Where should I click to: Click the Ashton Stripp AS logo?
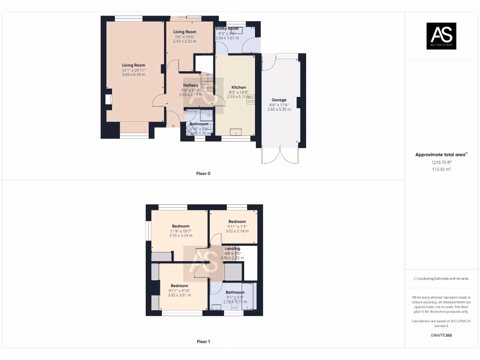tap(441, 36)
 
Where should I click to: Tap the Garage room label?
tap(279, 100)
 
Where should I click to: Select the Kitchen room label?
tap(238, 88)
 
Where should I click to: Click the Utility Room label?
tap(227, 29)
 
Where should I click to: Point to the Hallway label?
tap(191, 85)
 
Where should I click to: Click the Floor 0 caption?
tap(203, 173)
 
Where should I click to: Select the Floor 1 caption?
tap(203, 342)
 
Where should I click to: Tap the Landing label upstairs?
tap(232, 248)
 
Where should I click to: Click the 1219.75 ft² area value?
tap(441, 162)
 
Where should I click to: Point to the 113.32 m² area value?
tap(441, 169)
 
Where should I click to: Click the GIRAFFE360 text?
tap(441, 335)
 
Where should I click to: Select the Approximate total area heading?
tap(441, 155)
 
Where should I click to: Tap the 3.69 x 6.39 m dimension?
tap(134, 75)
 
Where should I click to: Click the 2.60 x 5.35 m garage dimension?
tap(279, 109)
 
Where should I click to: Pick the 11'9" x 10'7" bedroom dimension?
tap(180, 231)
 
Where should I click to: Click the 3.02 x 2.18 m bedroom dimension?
tap(237, 231)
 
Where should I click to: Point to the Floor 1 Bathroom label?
tap(235, 292)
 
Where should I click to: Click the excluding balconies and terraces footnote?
tap(441, 278)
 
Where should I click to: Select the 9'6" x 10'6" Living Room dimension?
tap(185, 37)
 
